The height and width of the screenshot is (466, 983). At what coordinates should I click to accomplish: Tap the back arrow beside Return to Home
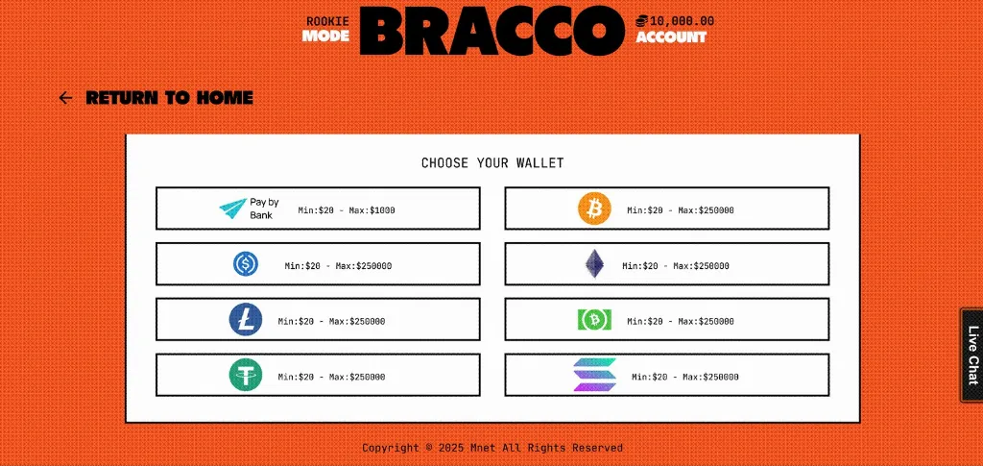point(65,98)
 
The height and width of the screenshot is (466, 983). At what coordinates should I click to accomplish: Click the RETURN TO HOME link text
point(169,98)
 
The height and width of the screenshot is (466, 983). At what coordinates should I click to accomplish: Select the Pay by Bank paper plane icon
point(233,208)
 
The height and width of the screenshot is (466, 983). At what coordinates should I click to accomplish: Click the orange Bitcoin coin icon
point(594,208)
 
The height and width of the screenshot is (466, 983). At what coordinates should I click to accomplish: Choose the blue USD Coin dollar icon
point(246,264)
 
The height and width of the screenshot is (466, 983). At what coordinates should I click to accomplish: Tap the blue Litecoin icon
point(246,320)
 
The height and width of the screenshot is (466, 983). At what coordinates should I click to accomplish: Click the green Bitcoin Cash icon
point(594,320)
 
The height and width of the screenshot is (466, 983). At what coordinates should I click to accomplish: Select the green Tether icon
point(246,376)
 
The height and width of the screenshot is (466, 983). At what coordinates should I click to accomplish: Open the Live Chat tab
point(972,356)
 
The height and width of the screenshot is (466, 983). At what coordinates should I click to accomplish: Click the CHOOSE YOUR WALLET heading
point(492,163)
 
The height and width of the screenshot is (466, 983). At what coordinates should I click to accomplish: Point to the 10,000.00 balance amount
point(683,21)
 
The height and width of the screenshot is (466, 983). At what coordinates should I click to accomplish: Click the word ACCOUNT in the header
point(671,37)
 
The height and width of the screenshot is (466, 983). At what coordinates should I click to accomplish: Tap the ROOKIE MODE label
point(326,29)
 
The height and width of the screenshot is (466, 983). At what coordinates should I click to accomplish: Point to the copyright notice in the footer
point(492,448)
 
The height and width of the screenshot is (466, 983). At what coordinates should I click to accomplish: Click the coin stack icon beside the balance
point(642,21)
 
